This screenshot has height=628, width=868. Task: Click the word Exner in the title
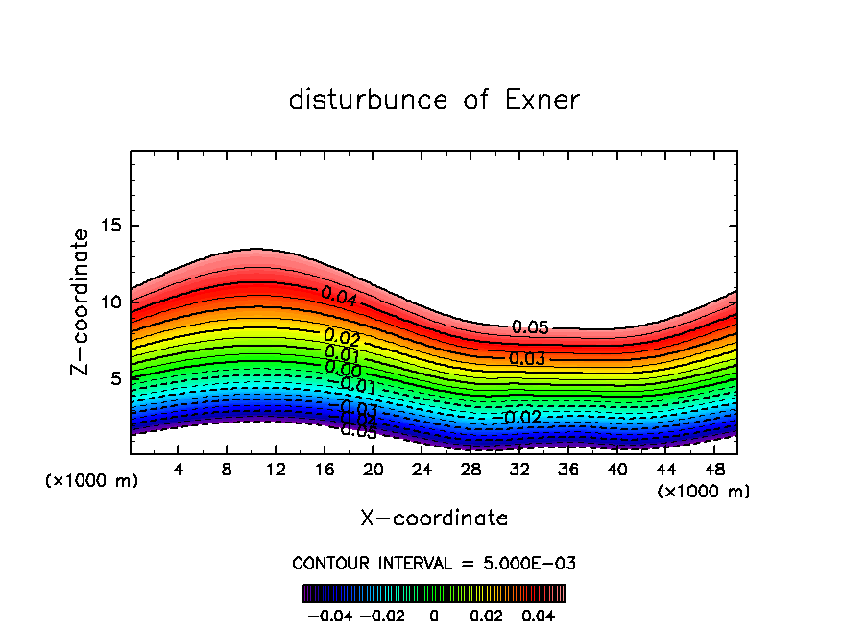pyautogui.click(x=542, y=100)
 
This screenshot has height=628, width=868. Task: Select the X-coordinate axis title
pyautogui.click(x=434, y=519)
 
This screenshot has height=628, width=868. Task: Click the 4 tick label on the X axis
pyautogui.click(x=179, y=470)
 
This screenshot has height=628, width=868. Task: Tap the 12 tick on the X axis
pyautogui.click(x=277, y=470)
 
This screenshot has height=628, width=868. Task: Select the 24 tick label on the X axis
pyautogui.click(x=422, y=470)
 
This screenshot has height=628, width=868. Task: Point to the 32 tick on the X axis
pyautogui.click(x=519, y=470)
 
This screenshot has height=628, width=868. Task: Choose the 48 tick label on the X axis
pyautogui.click(x=714, y=470)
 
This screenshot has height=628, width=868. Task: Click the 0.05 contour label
pyautogui.click(x=530, y=327)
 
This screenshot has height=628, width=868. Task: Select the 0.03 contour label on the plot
pyautogui.click(x=527, y=359)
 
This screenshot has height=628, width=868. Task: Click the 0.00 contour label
pyautogui.click(x=343, y=369)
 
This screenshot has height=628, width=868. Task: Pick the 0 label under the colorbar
pyautogui.click(x=434, y=614)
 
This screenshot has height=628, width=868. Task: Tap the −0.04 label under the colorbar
pyautogui.click(x=329, y=614)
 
